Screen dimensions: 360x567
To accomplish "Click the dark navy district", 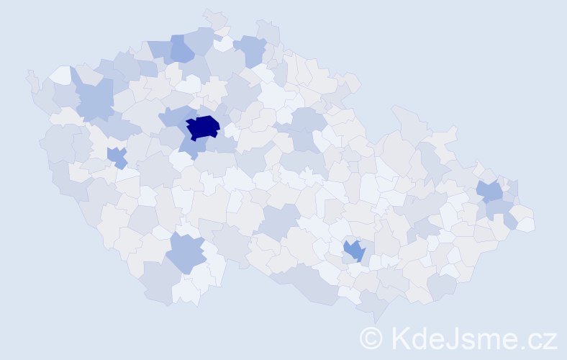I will [203, 127].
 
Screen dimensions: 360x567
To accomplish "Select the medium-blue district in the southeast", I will [354, 251].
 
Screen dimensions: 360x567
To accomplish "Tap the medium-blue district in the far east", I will [490, 192].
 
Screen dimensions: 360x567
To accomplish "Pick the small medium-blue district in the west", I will [117, 156].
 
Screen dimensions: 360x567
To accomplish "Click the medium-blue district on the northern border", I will [182, 49].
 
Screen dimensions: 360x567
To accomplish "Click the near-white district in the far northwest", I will [61, 75].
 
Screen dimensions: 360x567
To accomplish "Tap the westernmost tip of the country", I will [29, 74].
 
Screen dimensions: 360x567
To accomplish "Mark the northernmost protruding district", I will [213, 18].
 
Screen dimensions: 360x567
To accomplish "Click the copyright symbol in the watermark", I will [371, 338].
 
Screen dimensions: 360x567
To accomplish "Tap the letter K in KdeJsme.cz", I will [401, 338].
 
